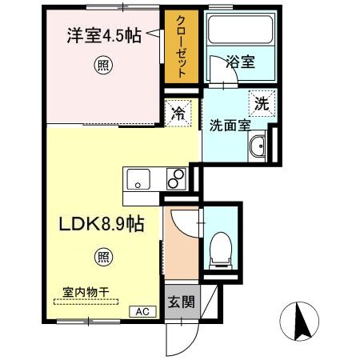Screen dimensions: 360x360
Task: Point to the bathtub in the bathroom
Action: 238,30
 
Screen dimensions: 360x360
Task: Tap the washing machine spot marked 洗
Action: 261,103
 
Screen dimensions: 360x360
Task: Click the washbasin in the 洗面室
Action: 258,147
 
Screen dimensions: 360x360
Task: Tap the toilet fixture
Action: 218,249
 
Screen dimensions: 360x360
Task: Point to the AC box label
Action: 142,312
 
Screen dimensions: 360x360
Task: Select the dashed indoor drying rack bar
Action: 86,302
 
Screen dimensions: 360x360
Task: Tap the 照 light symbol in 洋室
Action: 104,65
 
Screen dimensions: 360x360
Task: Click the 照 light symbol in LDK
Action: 104,257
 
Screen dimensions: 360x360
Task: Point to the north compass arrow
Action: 304,321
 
